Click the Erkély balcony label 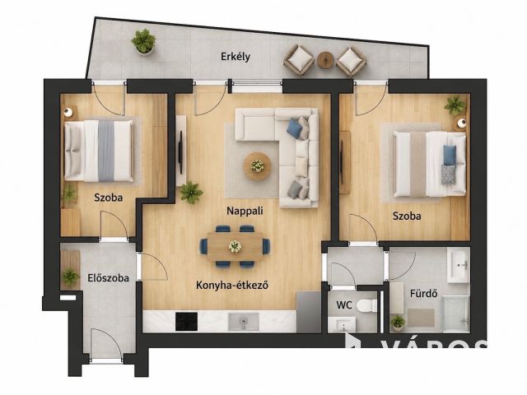click(x=236, y=57)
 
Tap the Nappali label click(x=245, y=211)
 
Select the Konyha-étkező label click(x=232, y=286)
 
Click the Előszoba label click(x=108, y=278)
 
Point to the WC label click(x=344, y=305)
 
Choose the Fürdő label click(x=424, y=293)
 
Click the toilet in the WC click(x=367, y=305)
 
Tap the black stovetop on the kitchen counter click(x=187, y=322)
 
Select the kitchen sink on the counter click(x=244, y=322)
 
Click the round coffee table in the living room click(x=258, y=166)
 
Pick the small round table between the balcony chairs click(x=325, y=60)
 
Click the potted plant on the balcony click(x=143, y=41)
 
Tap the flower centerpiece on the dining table click(x=235, y=246)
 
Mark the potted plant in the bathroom click(x=398, y=322)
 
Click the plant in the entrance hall click(x=71, y=276)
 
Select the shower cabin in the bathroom click(x=455, y=314)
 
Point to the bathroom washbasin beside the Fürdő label click(x=458, y=264)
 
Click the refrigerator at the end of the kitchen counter click(x=309, y=312)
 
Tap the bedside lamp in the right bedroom click(x=462, y=123)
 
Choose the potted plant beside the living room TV click(x=191, y=192)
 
